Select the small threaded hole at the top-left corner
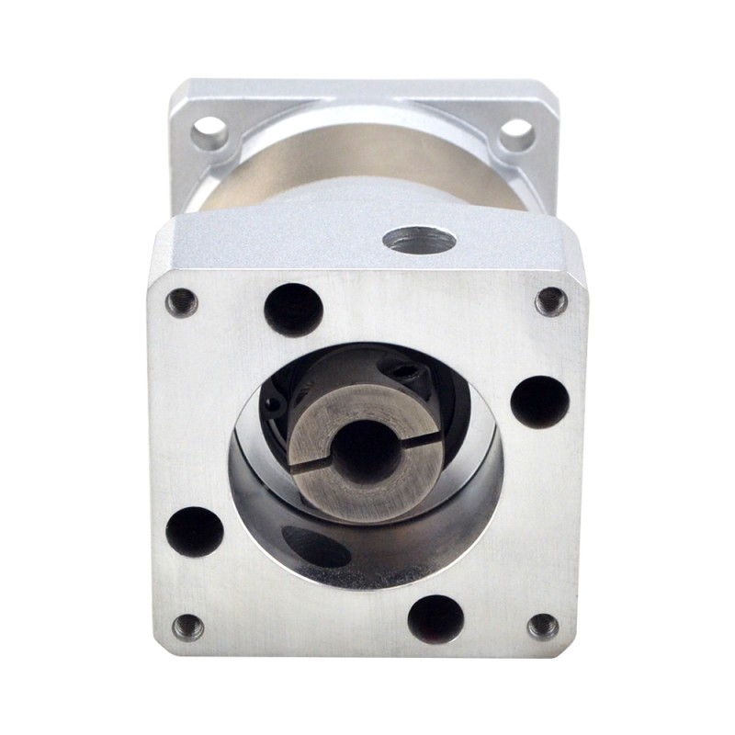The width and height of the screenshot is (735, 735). pyautogui.click(x=182, y=301)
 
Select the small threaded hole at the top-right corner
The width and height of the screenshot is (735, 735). pyautogui.click(x=550, y=300)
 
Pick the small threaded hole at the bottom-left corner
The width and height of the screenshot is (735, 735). pyautogui.click(x=188, y=628)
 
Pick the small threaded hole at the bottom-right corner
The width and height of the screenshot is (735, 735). pyautogui.click(x=543, y=627)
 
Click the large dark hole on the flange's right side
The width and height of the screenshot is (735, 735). pyautogui.click(x=539, y=402)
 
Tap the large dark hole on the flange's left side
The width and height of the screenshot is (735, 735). pyautogui.click(x=194, y=531)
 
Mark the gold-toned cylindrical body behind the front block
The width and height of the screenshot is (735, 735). pyautogui.click(x=367, y=161)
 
